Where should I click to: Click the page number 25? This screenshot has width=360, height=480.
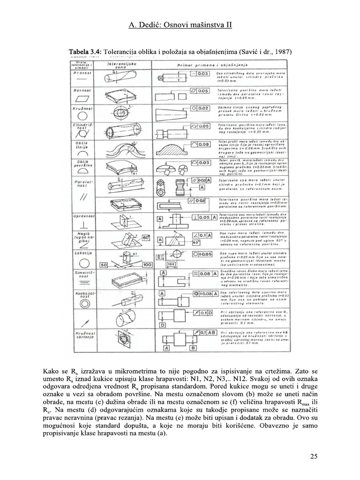(314, 456)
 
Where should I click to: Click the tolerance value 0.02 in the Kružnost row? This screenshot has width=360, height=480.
(202, 108)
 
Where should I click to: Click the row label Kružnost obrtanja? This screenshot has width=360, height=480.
(84, 336)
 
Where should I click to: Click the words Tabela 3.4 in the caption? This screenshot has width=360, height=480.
(85, 51)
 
